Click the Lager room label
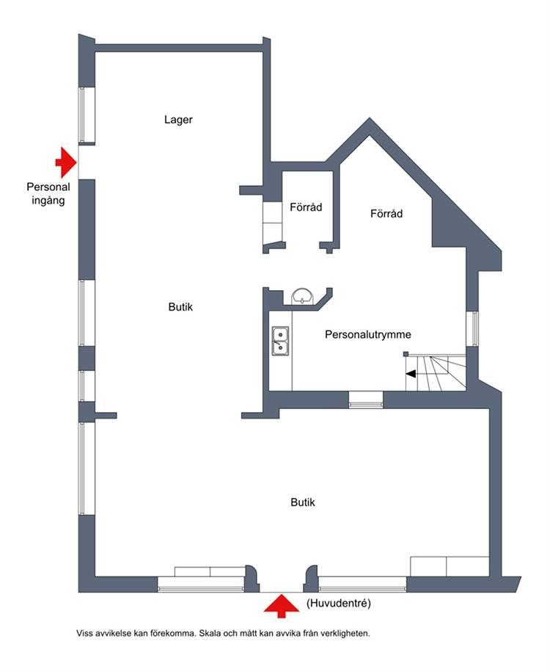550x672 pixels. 178,120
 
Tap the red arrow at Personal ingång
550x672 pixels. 66,162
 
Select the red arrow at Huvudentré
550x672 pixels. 281,606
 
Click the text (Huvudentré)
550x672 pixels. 339,604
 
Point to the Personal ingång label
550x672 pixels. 48,194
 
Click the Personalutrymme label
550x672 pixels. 368,335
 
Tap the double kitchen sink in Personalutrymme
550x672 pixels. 280,341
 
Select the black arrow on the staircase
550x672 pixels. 411,374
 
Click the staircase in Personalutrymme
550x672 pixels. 436,372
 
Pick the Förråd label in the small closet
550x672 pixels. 306,207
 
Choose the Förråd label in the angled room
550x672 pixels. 386,214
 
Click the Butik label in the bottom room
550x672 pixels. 303,502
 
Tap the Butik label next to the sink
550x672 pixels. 180,307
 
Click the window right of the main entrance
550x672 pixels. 362,584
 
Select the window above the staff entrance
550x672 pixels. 86,115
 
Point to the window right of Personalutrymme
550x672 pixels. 472,328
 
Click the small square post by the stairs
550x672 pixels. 406,354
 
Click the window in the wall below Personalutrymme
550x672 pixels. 366,400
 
